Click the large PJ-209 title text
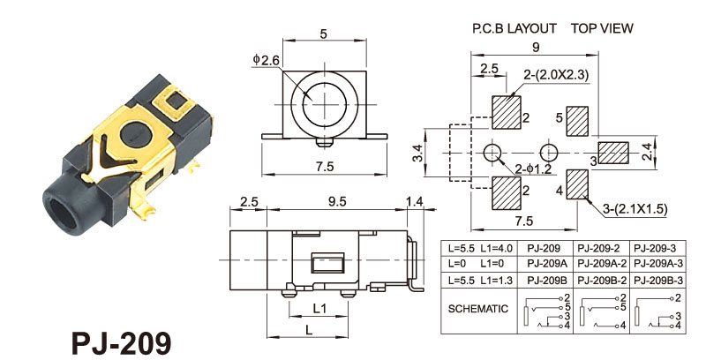pyautogui.click(x=116, y=341)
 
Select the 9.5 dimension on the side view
pyautogui.click(x=336, y=202)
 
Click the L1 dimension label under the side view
pyautogui.click(x=321, y=309)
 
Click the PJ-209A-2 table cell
pyautogui.click(x=603, y=263)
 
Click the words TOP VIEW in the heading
pyautogui.click(x=602, y=28)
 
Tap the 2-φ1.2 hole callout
pyautogui.click(x=532, y=168)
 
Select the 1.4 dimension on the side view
pyautogui.click(x=414, y=202)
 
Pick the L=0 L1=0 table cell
pyautogui.click(x=477, y=263)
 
